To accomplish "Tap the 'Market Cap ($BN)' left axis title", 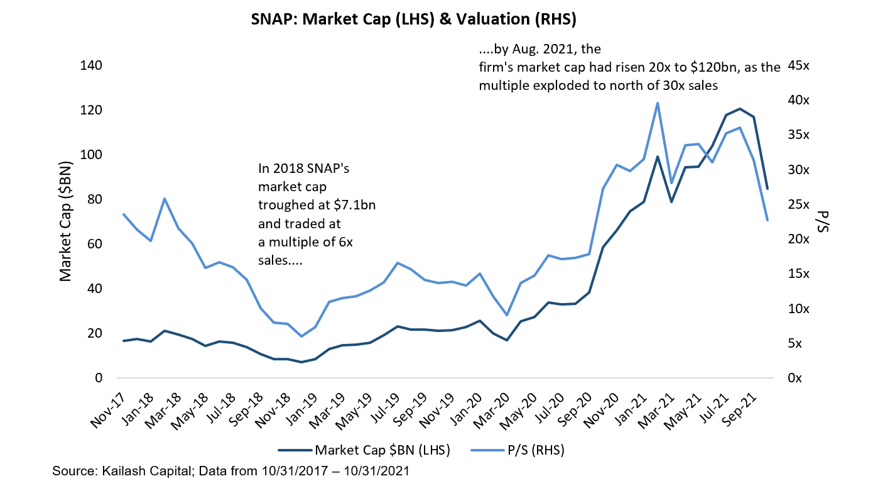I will tap(65, 222).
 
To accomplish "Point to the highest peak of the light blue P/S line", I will tap(657, 103).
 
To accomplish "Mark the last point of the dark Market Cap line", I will tap(768, 189).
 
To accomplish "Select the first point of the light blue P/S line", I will tap(123, 214).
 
